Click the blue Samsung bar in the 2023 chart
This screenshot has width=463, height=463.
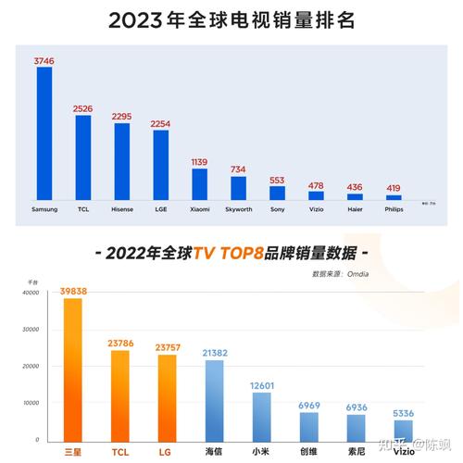(44, 133)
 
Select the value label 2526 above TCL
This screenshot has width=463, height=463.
(82, 107)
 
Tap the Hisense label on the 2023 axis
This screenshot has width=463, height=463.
(121, 209)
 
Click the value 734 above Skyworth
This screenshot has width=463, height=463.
(238, 169)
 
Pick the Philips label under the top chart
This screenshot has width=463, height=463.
(394, 209)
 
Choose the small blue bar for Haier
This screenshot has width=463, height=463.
(355, 196)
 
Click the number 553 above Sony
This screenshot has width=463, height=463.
(277, 180)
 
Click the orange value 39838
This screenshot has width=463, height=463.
(73, 291)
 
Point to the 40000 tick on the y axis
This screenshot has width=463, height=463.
(31, 293)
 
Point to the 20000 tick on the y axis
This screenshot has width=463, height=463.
(31, 366)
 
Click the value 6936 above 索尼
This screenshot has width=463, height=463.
(357, 407)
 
